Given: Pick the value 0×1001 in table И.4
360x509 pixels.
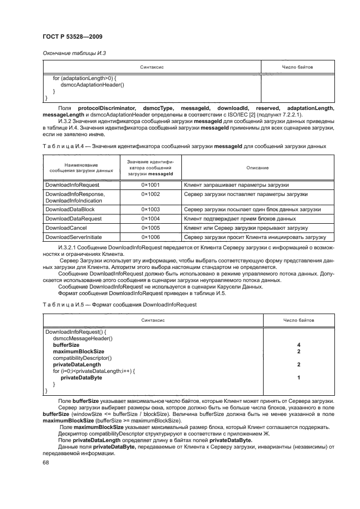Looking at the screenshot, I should tap(150, 185).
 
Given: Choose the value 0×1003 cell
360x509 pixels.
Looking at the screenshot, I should tap(150, 209).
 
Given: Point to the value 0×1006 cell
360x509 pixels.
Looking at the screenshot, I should tap(150, 237).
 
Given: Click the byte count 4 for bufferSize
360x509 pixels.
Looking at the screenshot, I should tap(299, 345).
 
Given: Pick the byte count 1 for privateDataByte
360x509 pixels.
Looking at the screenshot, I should tap(299, 377).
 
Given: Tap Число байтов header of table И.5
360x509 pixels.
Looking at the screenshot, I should tap(298, 321).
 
